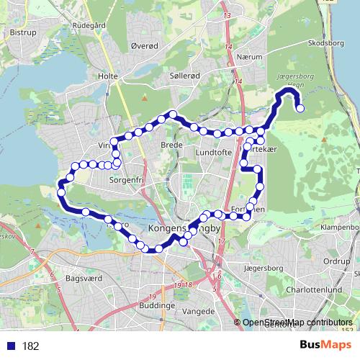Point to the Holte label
click(107, 75)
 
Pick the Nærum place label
click(256, 63)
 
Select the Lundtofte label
click(214, 153)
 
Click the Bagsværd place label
click(84, 276)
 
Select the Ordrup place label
click(336, 261)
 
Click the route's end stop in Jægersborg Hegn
click(300, 109)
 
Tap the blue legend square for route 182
click(10, 346)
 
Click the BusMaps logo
click(321, 345)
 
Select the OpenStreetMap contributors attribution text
click(298, 322)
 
